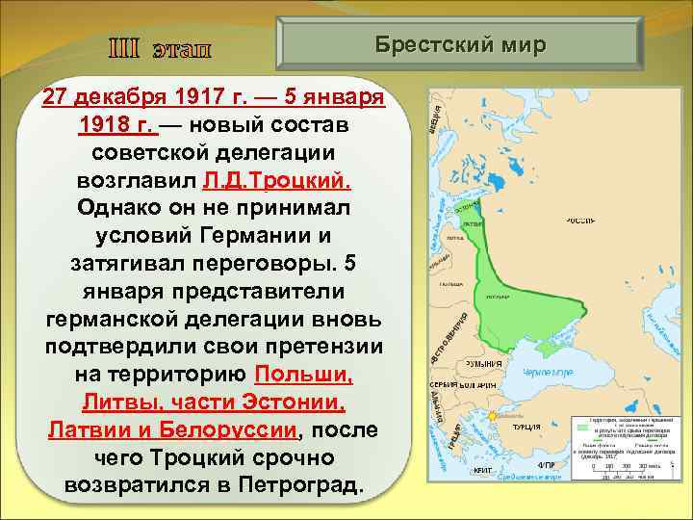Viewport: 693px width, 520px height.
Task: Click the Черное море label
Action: pos(548,372)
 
